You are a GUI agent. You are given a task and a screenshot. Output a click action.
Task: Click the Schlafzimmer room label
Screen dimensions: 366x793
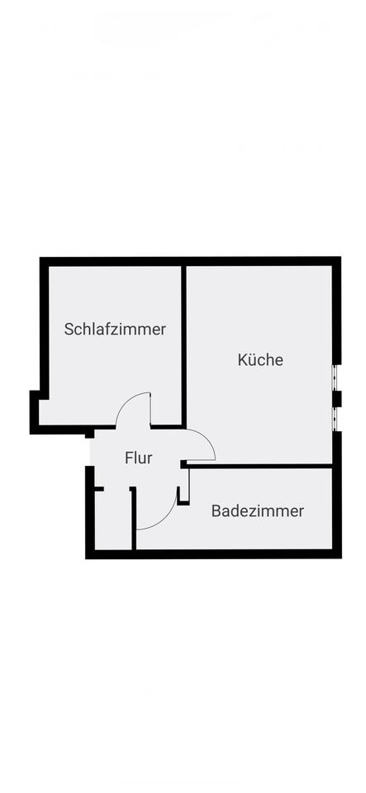click(x=115, y=330)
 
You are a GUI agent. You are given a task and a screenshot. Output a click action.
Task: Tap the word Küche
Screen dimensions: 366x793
click(x=260, y=359)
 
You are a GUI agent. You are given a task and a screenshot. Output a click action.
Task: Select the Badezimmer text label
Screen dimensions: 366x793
click(x=258, y=510)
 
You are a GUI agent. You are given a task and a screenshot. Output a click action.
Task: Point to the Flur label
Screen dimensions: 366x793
click(x=139, y=458)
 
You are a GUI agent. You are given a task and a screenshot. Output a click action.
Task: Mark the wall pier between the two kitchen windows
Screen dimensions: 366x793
click(x=337, y=399)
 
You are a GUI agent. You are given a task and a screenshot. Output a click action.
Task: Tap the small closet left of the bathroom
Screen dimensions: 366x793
click(x=112, y=520)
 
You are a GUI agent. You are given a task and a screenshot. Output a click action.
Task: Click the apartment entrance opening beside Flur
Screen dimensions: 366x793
click(x=90, y=451)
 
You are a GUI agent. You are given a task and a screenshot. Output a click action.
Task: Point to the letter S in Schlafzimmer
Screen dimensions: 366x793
click(x=69, y=330)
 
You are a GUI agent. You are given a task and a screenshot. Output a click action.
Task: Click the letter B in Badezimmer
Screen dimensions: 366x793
click(x=216, y=510)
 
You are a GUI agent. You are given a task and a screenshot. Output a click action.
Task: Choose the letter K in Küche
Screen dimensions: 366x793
click(x=242, y=359)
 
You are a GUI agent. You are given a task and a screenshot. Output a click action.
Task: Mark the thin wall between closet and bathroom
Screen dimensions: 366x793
click(x=134, y=519)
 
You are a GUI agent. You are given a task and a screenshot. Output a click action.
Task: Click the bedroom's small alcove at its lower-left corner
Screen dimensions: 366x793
click(x=44, y=412)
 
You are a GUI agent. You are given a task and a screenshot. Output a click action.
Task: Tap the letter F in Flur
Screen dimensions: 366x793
click(x=128, y=458)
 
